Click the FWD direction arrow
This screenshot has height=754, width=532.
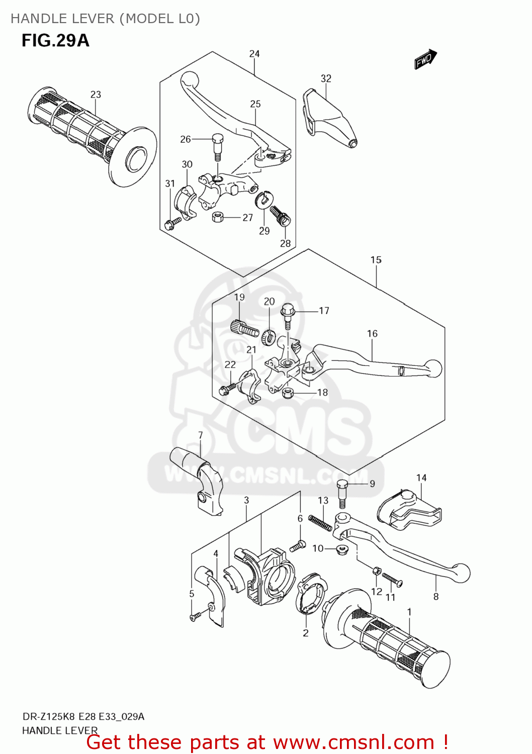[425, 59]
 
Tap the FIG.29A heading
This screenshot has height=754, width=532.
[55, 40]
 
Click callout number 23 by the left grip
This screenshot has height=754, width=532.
[96, 95]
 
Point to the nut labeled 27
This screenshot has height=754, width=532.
[218, 217]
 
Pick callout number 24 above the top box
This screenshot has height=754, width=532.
[254, 54]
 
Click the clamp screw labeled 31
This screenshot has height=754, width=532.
[172, 222]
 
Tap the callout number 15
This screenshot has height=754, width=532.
[376, 260]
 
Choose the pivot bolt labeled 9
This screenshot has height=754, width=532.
[342, 492]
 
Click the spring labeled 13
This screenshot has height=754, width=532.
[320, 523]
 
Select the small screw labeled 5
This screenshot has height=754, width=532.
[196, 616]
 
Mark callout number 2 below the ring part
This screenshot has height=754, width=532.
[306, 633]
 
